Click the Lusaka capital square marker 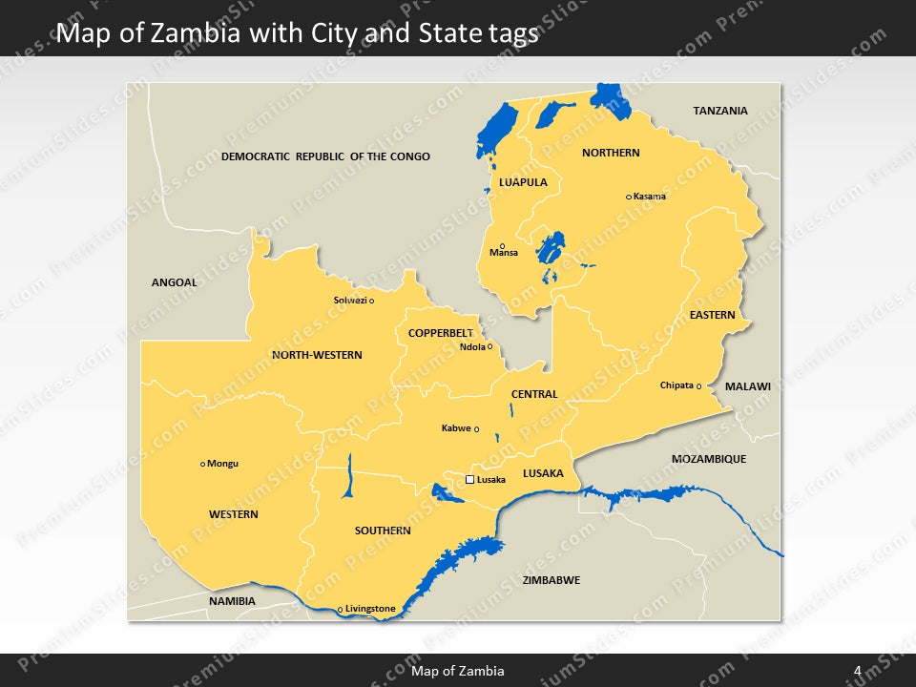(469, 480)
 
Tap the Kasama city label (650, 197)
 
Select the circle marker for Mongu (202, 465)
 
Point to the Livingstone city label (370, 609)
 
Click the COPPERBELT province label (440, 333)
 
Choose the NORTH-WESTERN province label (317, 355)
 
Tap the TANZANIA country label (720, 111)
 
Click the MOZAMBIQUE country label (709, 459)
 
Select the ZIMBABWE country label (552, 580)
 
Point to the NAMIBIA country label (232, 601)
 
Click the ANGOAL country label (175, 282)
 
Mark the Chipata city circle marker (698, 386)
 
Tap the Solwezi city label (349, 301)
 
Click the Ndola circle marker (490, 346)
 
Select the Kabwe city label (456, 428)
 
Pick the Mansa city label (503, 254)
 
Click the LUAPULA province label (523, 181)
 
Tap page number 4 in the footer (857, 671)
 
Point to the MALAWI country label (747, 386)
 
